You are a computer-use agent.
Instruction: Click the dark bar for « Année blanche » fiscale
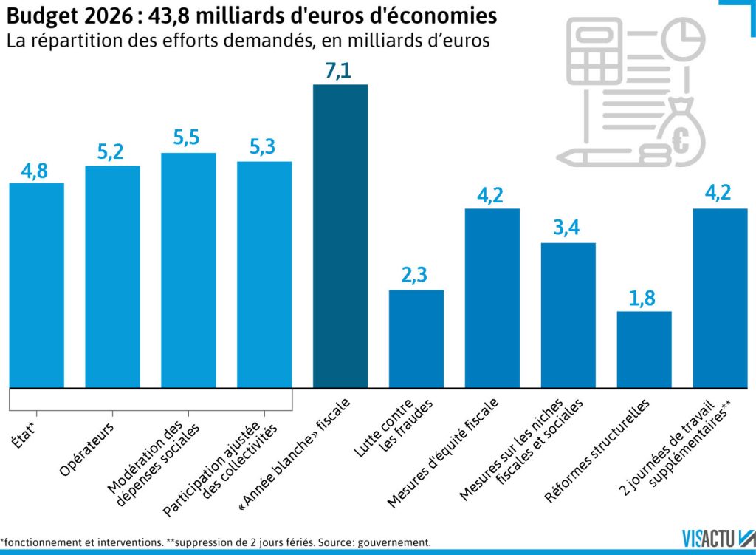click(x=340, y=236)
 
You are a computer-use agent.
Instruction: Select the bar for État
click(x=36, y=285)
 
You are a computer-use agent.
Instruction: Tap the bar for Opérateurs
click(x=113, y=276)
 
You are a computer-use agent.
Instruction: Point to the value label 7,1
click(x=340, y=72)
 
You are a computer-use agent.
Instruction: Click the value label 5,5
click(x=188, y=140)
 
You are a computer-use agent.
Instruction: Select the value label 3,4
click(x=568, y=229)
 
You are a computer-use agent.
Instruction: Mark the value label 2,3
click(x=416, y=276)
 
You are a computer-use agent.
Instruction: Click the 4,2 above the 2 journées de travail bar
click(x=720, y=195)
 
